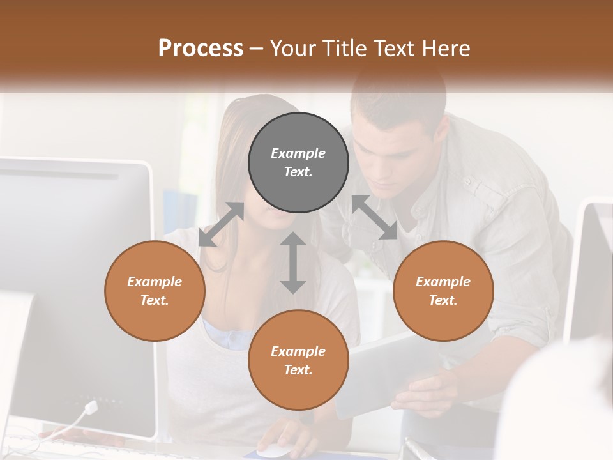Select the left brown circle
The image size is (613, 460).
155,291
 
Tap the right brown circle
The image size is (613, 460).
443,291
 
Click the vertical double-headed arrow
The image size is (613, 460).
293,263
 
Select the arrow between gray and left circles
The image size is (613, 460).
222,224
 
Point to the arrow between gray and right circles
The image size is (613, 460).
375,217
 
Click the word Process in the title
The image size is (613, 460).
201,48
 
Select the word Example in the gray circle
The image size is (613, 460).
298,153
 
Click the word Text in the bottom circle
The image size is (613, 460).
298,370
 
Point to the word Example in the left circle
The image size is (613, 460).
155,282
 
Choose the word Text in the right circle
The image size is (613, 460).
443,300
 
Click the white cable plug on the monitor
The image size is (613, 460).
91,407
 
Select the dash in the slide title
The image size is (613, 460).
257,49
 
